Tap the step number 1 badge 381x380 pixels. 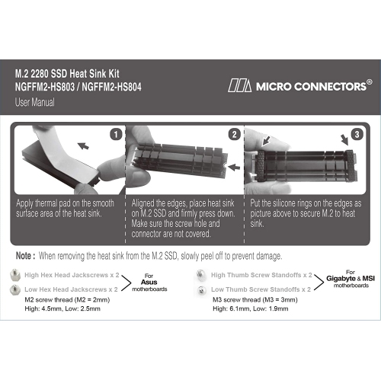116,135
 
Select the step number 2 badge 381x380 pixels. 233,135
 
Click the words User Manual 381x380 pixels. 34,101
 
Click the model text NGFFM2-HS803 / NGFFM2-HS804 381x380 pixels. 79,88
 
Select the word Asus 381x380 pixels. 151,281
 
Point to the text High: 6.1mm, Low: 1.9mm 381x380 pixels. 252,310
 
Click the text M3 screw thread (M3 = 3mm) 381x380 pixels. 254,301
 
